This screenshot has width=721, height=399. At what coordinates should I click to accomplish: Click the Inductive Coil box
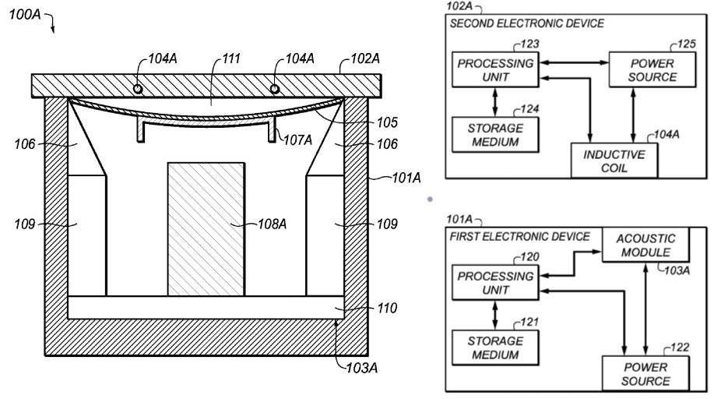click(x=614, y=161)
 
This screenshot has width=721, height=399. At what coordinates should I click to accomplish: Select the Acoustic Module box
click(x=645, y=245)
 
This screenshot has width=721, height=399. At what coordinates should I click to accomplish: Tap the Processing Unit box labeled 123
click(x=495, y=69)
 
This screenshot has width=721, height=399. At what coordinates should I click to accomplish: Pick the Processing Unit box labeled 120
click(x=495, y=283)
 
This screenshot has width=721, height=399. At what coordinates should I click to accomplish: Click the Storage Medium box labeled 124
click(x=495, y=135)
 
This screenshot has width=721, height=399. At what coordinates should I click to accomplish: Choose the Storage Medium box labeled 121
click(x=495, y=348)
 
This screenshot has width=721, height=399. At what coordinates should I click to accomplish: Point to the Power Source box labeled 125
click(x=652, y=69)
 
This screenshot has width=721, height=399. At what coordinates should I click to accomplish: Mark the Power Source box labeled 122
click(x=645, y=374)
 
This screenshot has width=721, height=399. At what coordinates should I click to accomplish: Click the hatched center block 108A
click(x=206, y=228)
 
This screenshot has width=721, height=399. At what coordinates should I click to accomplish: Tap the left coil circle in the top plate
click(x=138, y=88)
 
